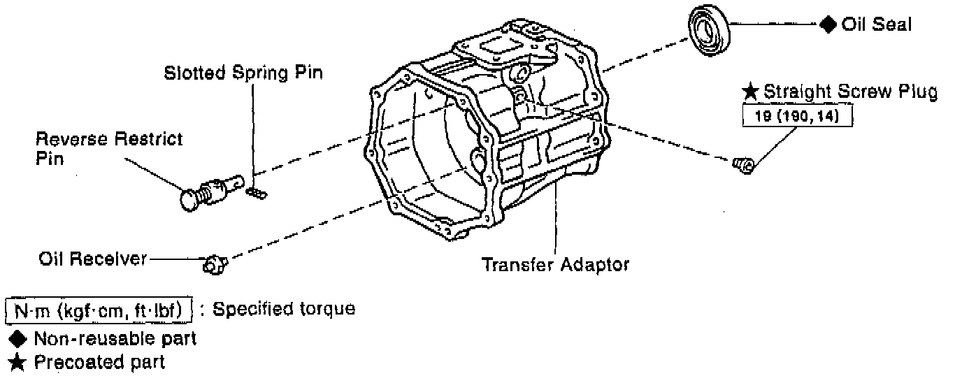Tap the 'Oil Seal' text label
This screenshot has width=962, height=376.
coord(876,24)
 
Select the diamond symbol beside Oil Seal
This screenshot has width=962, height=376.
coord(828,24)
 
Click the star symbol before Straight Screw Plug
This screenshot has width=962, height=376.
coord(750,91)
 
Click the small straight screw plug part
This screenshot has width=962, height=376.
coord(743,165)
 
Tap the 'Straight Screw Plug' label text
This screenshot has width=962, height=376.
coord(850,91)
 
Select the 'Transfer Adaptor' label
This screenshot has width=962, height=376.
coord(555,265)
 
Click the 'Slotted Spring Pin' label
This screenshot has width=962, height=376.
coord(243,73)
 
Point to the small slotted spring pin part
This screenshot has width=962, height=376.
coord(257,191)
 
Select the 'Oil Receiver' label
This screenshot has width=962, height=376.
coord(92,259)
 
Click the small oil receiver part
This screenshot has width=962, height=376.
coord(214,264)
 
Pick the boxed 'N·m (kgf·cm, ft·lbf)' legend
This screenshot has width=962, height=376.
coord(99,310)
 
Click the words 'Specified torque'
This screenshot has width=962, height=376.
coord(283,309)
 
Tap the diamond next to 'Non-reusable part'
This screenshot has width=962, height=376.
coord(16,340)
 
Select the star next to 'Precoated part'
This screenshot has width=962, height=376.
coord(16,363)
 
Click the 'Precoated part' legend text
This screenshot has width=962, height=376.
coord(99,363)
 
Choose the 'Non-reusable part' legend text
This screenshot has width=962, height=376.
coord(115,340)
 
